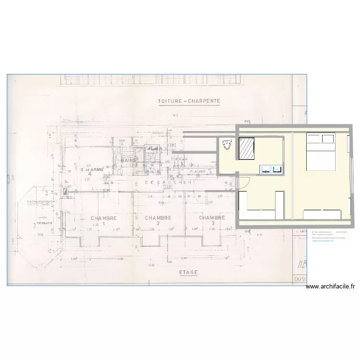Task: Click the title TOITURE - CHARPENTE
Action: tap(189, 101)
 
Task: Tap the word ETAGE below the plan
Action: tap(188, 272)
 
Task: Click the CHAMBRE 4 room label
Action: tap(93, 171)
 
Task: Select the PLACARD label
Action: tap(198, 171)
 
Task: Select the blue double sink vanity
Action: tap(271, 169)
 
